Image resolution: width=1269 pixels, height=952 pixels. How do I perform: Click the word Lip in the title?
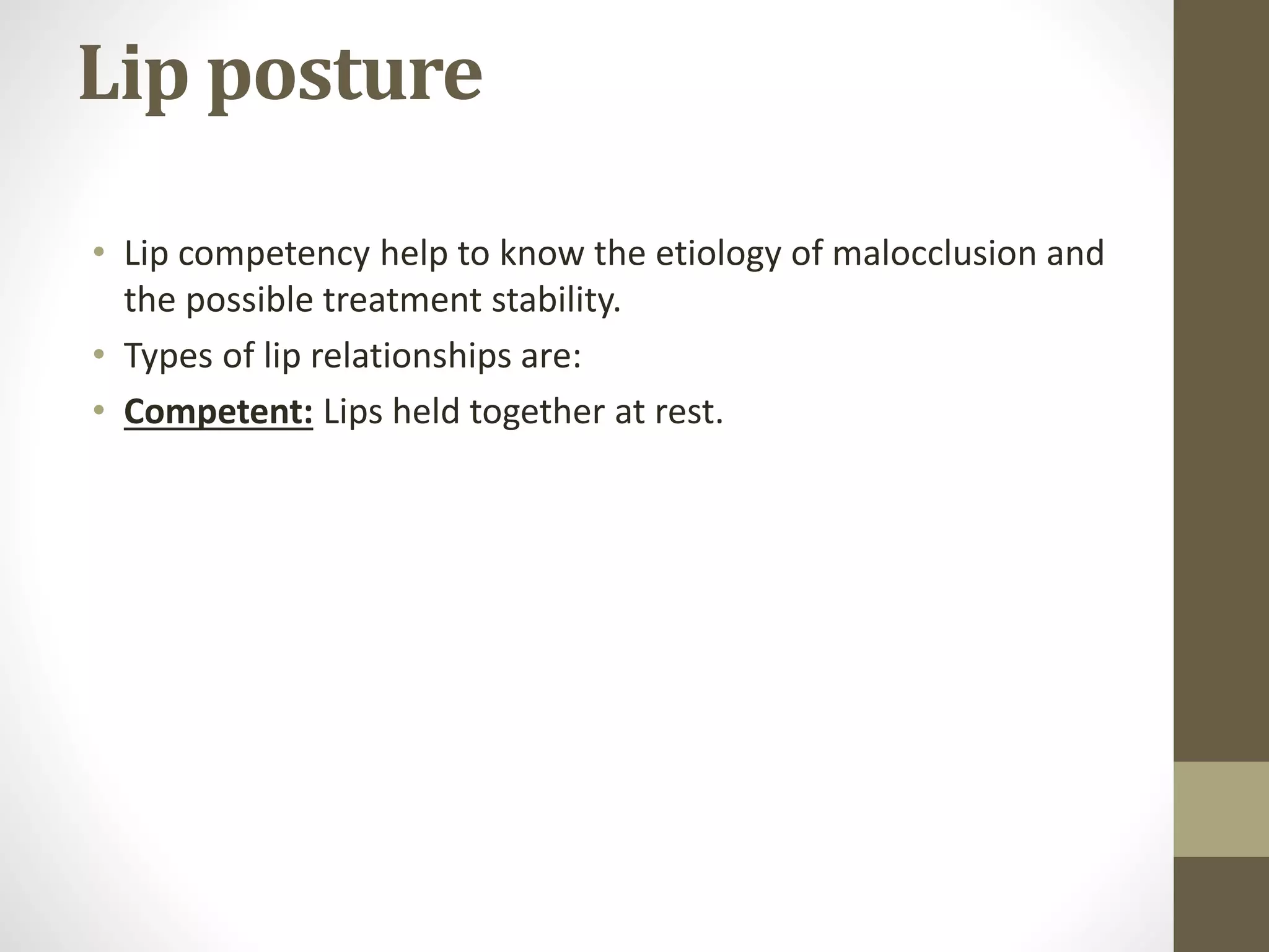coord(133,74)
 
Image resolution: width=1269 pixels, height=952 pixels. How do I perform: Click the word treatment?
coord(403,301)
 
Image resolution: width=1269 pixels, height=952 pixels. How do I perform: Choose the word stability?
coord(556,301)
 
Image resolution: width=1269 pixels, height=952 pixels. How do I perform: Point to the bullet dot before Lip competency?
coord(99,253)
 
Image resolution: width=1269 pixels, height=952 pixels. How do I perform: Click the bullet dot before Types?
coord(99,355)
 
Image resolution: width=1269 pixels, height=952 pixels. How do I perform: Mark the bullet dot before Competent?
coord(99,410)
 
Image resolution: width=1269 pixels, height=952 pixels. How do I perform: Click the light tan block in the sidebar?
coord(1221,808)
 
